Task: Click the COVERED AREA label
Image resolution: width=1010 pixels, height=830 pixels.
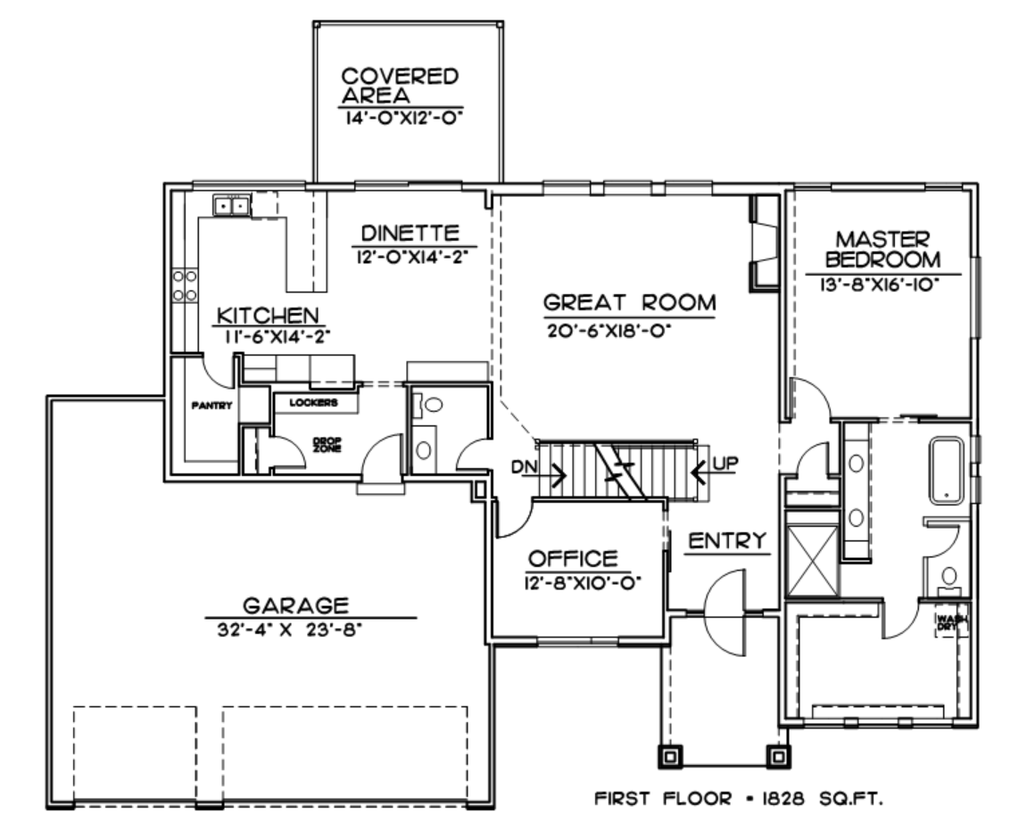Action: (x=400, y=86)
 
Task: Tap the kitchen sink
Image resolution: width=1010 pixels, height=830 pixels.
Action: (x=231, y=206)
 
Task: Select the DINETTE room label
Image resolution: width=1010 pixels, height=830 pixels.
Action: (x=410, y=233)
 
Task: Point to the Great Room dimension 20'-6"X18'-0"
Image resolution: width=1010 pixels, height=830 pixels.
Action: (x=609, y=331)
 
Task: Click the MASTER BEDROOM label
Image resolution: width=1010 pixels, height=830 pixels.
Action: (x=882, y=249)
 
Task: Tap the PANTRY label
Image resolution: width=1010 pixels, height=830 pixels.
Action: (x=211, y=406)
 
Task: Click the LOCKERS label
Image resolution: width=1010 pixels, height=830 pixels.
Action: (x=314, y=402)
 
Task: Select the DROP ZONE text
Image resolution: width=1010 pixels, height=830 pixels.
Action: (x=327, y=445)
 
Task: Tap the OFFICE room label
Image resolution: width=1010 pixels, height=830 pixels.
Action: (x=573, y=558)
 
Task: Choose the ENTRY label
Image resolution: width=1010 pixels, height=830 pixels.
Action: (x=727, y=540)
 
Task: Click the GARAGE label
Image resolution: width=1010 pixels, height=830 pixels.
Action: (x=295, y=605)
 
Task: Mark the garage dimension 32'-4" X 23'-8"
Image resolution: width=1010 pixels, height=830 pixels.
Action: (x=289, y=629)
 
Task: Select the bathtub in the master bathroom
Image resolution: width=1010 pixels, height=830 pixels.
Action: (x=947, y=471)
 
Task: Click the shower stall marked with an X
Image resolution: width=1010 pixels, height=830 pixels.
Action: (x=813, y=561)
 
